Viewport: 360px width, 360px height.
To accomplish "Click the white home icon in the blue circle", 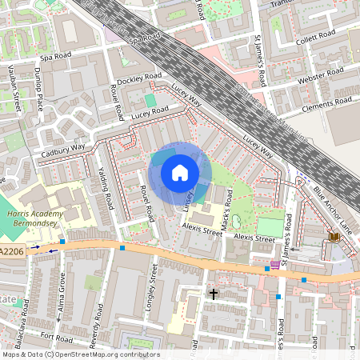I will point(180,172).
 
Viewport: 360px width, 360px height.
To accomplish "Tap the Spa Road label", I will point(146,39).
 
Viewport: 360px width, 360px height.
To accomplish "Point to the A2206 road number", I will point(11,252).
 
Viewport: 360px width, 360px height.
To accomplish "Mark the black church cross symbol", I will point(214,294).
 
